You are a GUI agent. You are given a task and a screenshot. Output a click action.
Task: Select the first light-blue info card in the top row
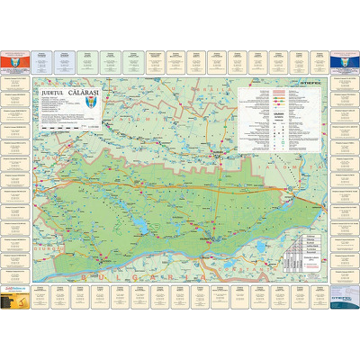tap(63, 60)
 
